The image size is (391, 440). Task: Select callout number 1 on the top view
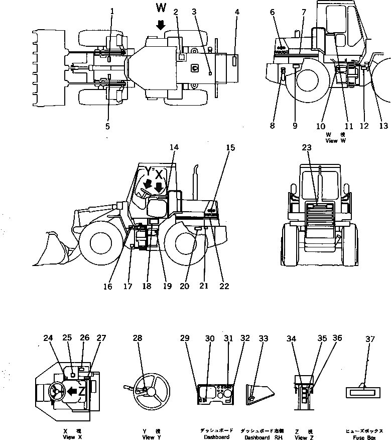pos(112,11)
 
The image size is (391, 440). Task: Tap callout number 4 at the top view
pos(237,11)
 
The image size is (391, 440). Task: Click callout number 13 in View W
pos(383,126)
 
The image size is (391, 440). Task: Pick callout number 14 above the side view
pos(174,148)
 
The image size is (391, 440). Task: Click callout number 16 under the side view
pos(108,287)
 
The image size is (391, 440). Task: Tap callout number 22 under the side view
pos(224,287)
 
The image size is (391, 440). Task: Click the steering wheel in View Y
pos(149,390)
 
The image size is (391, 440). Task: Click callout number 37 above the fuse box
pos(370,339)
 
